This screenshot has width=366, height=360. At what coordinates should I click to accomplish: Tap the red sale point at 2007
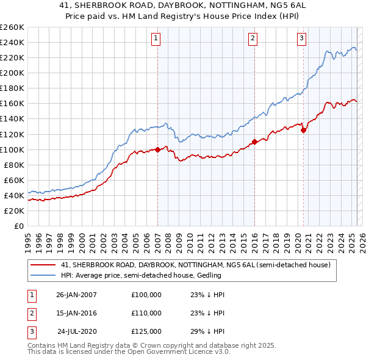[157, 149]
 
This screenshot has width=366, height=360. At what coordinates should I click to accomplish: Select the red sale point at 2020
[303, 130]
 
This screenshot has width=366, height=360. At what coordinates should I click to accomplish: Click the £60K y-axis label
[14, 180]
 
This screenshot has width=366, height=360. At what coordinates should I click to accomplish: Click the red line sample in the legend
[43, 265]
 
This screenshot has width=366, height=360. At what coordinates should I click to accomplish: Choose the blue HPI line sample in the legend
[43, 275]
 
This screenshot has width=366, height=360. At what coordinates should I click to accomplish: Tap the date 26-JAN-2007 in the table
[76, 295]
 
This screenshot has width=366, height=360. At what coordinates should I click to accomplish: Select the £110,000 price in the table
[146, 313]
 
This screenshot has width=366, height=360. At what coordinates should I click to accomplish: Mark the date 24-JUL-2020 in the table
[76, 331]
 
